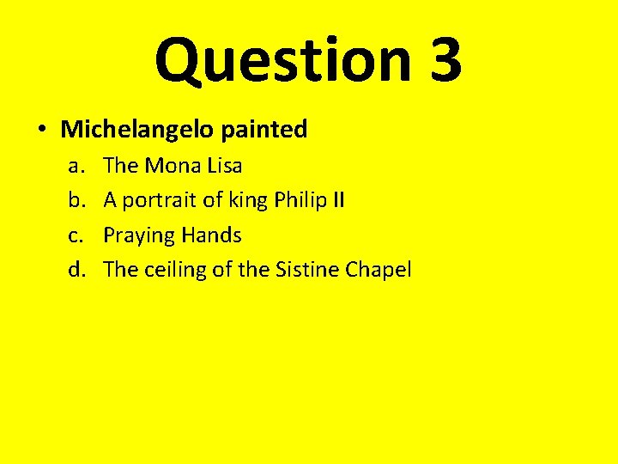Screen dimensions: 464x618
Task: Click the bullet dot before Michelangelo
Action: pyautogui.click(x=41, y=130)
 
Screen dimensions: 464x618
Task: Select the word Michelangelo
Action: pyautogui.click(x=137, y=130)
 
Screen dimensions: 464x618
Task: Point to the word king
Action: pyautogui.click(x=245, y=201)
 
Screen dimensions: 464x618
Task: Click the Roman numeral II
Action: pyautogui.click(x=338, y=200)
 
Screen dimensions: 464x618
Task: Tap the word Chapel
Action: pyautogui.click(x=379, y=271)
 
